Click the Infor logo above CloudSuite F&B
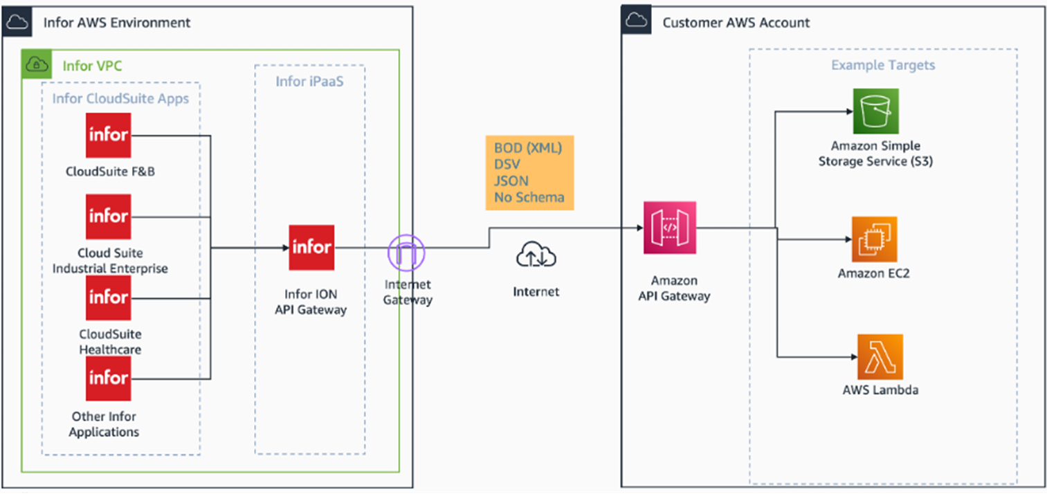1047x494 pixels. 109,135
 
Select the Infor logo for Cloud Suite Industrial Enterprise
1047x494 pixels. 109,217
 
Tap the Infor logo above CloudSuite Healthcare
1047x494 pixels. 109,298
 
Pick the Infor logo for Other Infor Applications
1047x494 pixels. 109,378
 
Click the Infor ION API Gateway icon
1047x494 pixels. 311,247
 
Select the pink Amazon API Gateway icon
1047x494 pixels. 669,228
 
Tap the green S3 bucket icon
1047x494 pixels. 875,111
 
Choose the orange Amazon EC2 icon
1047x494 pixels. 874,239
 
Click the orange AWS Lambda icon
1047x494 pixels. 880,357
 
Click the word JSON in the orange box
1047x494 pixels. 511,181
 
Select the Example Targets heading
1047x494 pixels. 883,65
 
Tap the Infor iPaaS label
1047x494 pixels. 309,82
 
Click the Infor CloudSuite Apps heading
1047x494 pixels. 120,98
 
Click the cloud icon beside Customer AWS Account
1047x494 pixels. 636,21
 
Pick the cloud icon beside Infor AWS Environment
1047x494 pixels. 17,22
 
